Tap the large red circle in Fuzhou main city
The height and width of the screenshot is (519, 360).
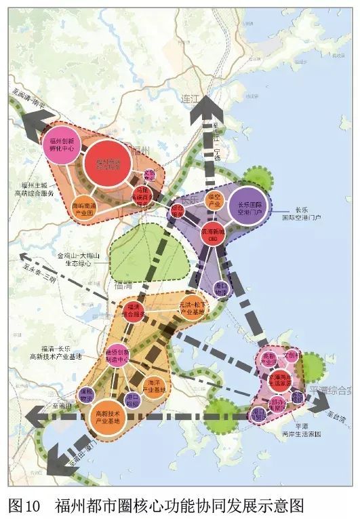[108, 163]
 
